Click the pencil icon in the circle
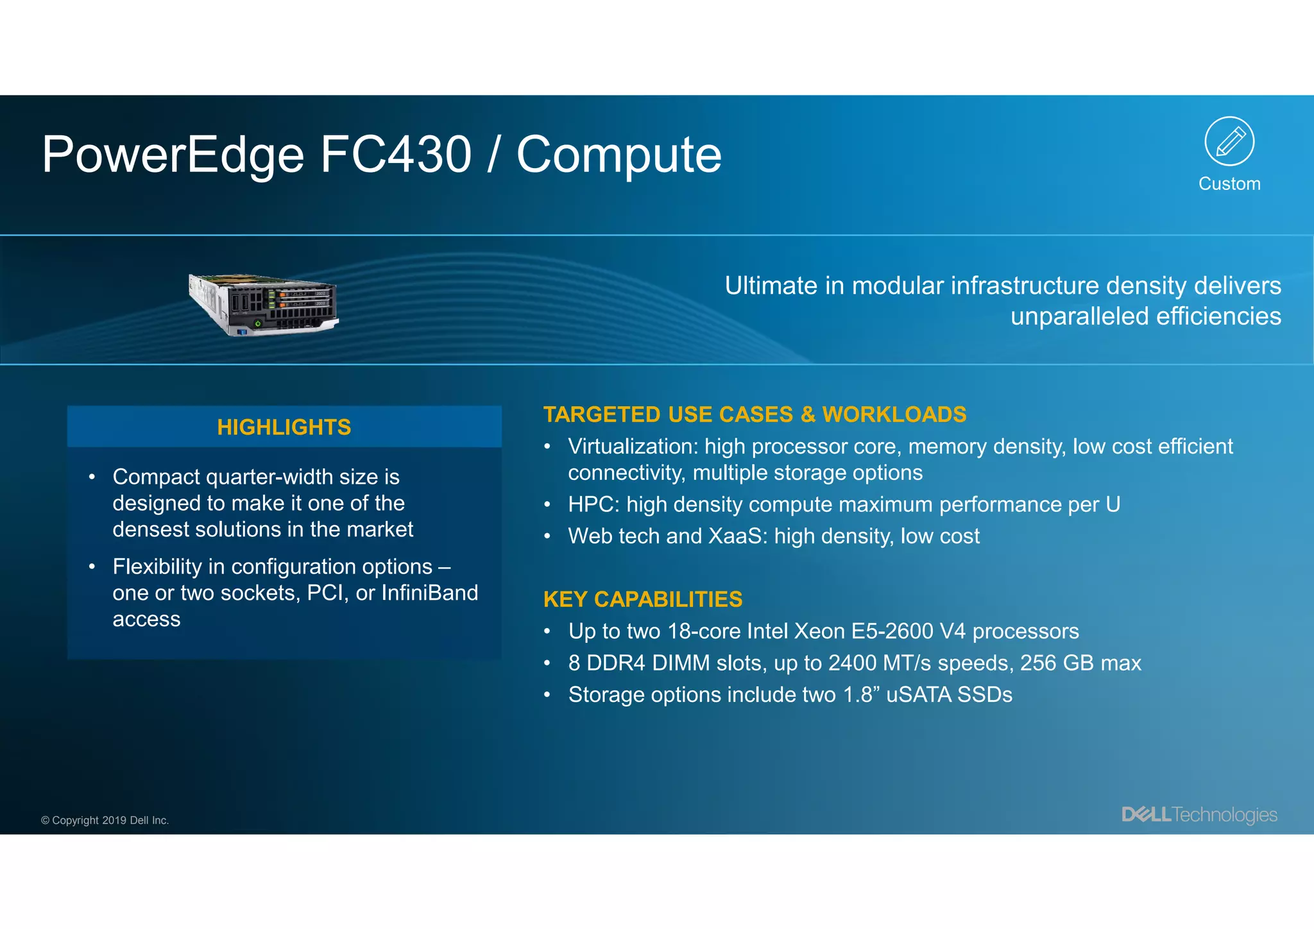click(x=1229, y=141)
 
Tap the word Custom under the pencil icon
click(x=1229, y=184)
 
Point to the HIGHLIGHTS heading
click(x=284, y=427)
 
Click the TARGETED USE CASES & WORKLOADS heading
click(x=755, y=414)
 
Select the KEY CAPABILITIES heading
click(x=643, y=599)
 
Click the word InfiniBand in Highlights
click(x=430, y=593)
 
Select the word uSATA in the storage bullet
click(x=918, y=695)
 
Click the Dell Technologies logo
click(x=1199, y=815)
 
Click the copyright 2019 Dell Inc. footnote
click(x=105, y=821)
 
